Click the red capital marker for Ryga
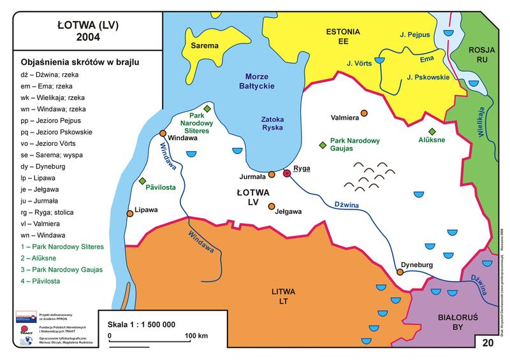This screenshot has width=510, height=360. pyautogui.click(x=287, y=173)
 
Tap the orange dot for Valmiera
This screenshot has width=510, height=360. pyautogui.click(x=364, y=113)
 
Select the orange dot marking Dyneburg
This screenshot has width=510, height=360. pyautogui.click(x=400, y=271)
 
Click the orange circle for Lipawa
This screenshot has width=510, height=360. pyautogui.click(x=131, y=214)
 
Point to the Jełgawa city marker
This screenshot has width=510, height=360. pyautogui.click(x=272, y=206)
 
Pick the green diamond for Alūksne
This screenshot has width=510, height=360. pyautogui.click(x=432, y=131)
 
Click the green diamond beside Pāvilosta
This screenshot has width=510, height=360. pyautogui.click(x=142, y=181)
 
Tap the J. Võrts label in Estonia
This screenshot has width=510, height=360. pyautogui.click(x=360, y=62)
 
